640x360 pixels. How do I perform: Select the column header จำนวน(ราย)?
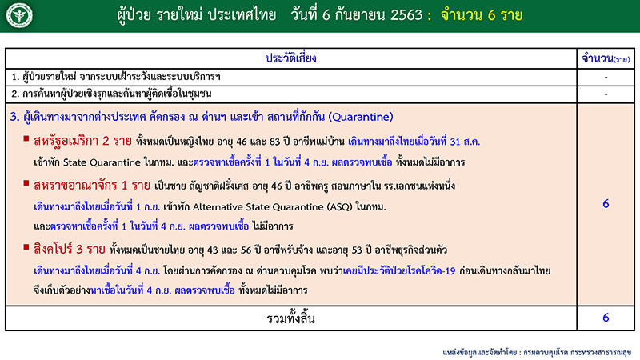point(606,59)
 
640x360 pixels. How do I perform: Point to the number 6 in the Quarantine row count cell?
point(606,204)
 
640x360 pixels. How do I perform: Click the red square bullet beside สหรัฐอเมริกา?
point(26,141)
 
